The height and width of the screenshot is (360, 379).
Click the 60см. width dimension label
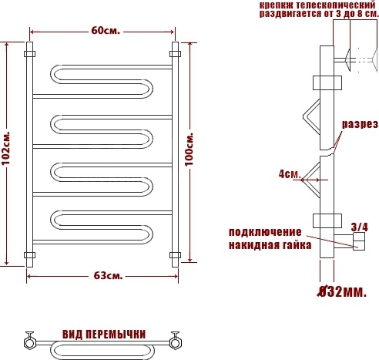coord(106,31)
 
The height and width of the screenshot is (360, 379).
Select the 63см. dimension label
coord(108,276)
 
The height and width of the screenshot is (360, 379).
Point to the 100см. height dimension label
coord(189,150)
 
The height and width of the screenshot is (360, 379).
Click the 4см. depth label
coord(290,174)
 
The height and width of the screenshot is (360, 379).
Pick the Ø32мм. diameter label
coord(342,291)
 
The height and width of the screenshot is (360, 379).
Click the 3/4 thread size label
coord(360,227)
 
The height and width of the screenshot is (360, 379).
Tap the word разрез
coord(360,124)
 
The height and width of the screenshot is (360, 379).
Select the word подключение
coord(265,232)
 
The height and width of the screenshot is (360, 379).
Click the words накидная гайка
coord(270,245)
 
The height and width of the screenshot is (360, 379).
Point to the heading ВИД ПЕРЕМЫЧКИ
coord(104,335)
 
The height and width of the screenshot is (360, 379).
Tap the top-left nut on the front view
coord(29,54)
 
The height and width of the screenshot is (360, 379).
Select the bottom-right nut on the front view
coord(175,255)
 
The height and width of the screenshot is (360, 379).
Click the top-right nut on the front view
coord(175,54)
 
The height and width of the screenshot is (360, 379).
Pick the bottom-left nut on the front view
coord(29,255)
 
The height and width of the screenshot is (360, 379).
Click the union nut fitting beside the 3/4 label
coord(359,241)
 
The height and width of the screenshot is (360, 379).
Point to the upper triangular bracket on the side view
coord(312,116)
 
